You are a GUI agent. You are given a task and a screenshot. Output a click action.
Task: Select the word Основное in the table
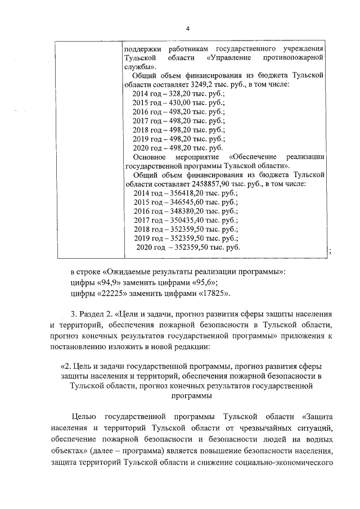(148, 156)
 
